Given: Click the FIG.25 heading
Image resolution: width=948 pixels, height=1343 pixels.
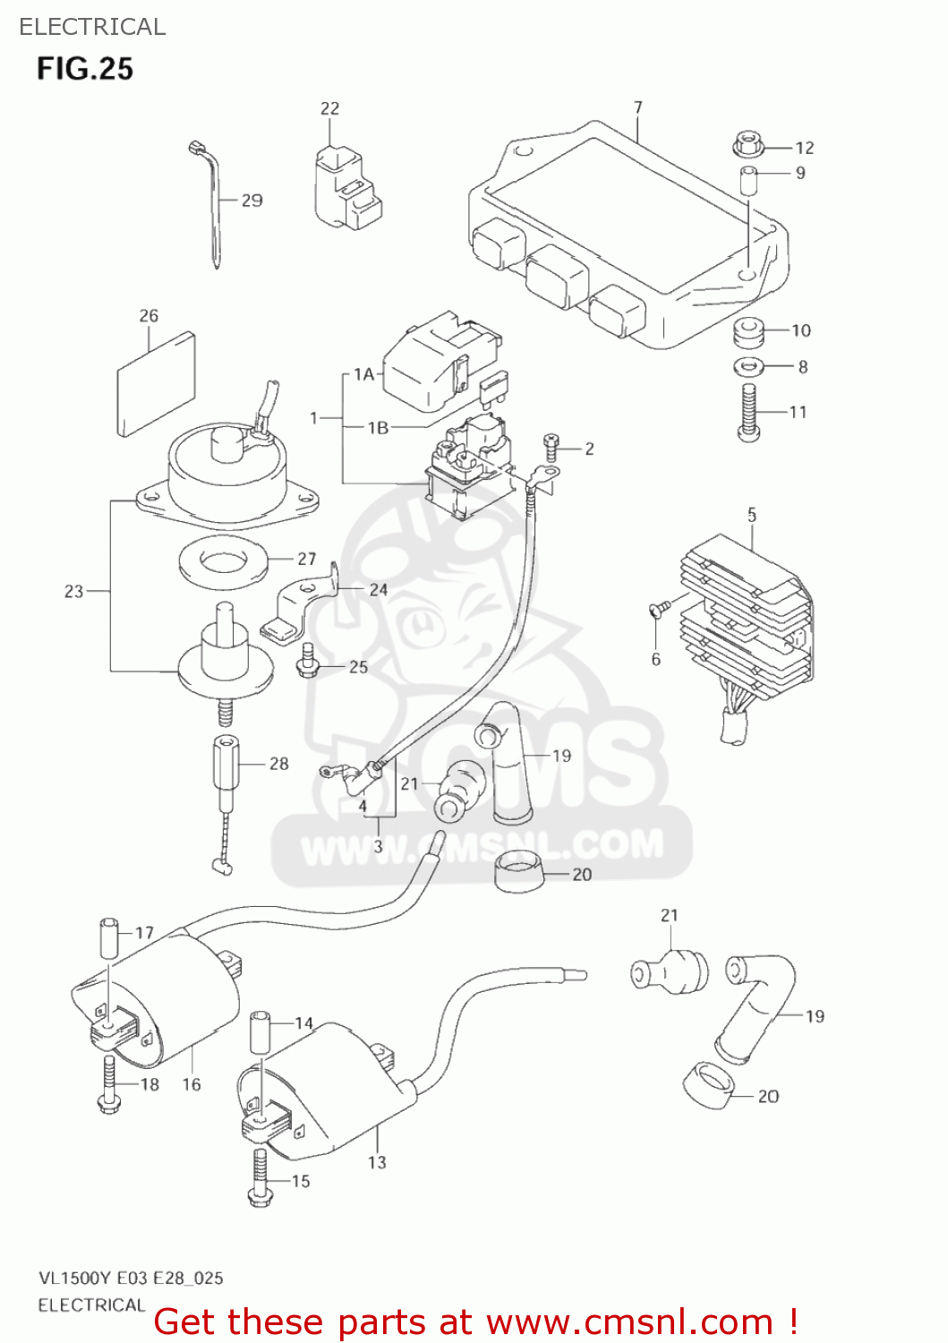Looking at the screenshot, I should click(85, 69).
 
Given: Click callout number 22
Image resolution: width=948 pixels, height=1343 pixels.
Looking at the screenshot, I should click(329, 108).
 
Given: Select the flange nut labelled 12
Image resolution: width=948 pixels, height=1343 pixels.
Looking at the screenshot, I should click(747, 143).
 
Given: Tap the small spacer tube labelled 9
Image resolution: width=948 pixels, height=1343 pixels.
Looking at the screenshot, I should click(748, 179).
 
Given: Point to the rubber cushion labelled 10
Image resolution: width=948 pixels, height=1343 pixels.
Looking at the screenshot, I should click(747, 333).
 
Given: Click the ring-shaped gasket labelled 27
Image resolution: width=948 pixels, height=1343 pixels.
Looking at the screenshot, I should click(224, 562).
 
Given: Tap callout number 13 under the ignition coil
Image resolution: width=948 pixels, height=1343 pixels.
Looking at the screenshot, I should click(377, 1162).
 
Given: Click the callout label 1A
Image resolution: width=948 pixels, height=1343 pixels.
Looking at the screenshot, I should click(363, 374).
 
